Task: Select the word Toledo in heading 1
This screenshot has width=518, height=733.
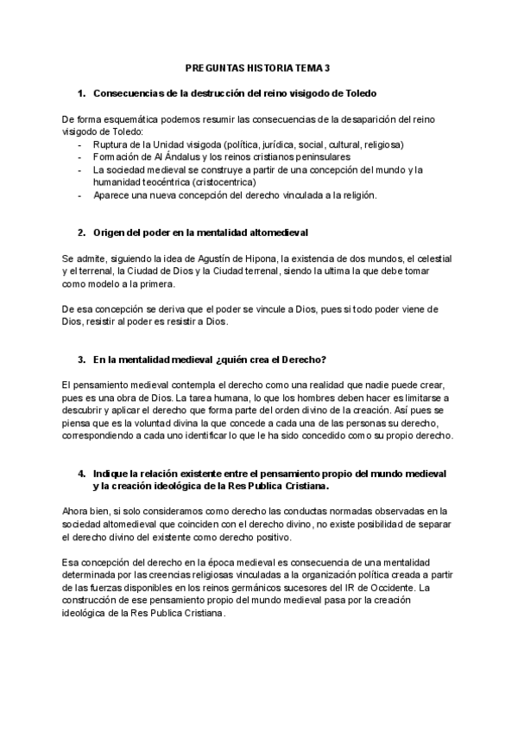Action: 357,92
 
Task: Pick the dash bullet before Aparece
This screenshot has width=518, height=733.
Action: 80,195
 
